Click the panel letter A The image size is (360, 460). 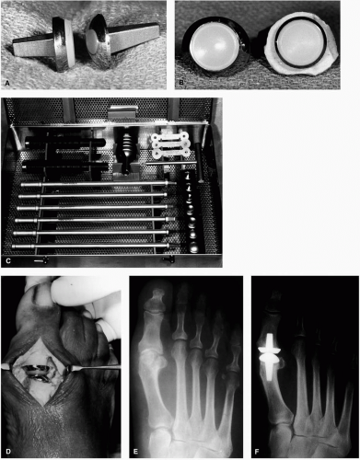click(x=6, y=83)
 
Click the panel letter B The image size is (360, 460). click(x=181, y=82)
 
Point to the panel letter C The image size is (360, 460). click(x=8, y=260)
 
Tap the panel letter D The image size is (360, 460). click(x=8, y=451)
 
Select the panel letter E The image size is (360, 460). click(x=135, y=451)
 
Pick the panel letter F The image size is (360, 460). click(x=257, y=452)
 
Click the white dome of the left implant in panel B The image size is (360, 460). click(x=214, y=46)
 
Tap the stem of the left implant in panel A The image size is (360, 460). click(x=33, y=47)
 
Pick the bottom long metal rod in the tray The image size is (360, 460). click(x=92, y=246)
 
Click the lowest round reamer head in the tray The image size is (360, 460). click(x=193, y=247)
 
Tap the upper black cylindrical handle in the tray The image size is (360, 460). click(x=65, y=142)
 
